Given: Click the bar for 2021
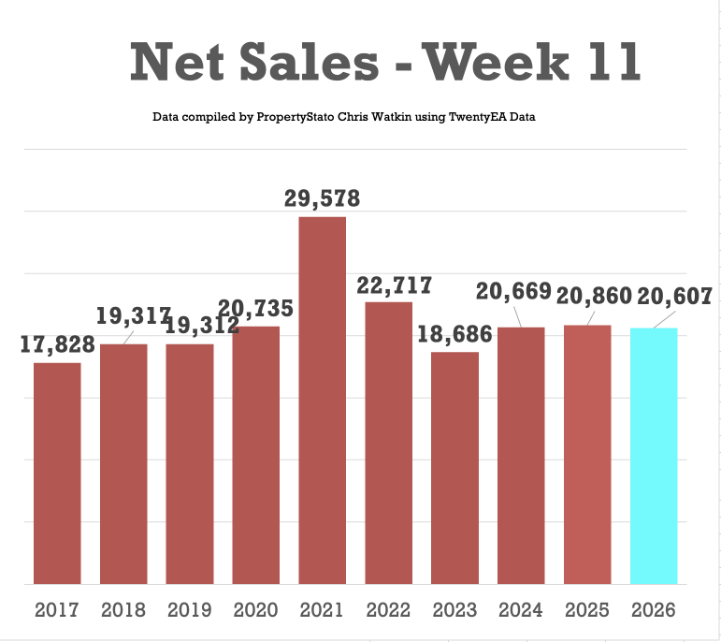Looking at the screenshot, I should point(322,401).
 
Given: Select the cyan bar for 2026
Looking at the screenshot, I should point(654,456).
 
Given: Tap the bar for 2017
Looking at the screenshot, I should point(57,474).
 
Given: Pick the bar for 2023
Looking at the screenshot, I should point(454,468).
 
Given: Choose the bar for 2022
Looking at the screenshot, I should point(388,443).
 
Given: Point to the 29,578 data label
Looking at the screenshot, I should point(322,198).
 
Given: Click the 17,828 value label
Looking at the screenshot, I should point(58,344).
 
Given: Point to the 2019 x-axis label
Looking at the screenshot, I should point(190,610).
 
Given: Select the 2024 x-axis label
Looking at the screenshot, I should point(521,610).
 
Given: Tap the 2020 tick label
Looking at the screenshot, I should point(255,610).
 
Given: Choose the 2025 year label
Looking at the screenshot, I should point(587,610).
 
